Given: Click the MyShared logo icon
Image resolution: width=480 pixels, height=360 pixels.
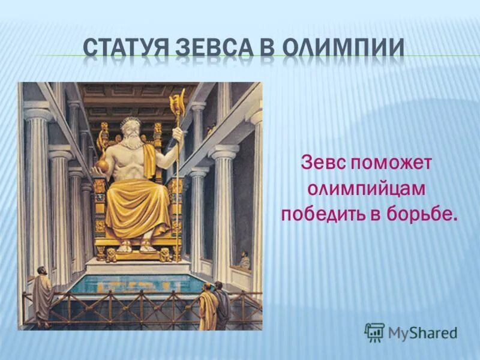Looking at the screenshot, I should (374, 332).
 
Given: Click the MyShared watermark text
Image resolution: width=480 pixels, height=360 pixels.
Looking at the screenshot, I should (422, 332).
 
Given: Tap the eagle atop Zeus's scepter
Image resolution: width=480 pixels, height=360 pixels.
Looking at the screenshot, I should (178, 98).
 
